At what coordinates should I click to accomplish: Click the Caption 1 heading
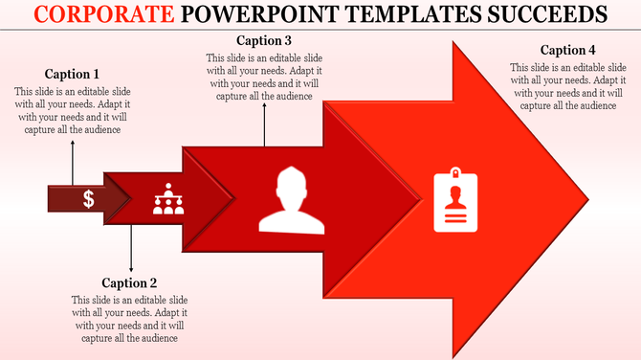[x=73, y=74]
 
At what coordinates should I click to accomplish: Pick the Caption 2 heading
[x=129, y=282]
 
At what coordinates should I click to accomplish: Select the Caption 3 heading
[x=265, y=40]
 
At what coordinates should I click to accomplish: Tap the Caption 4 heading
[x=567, y=50]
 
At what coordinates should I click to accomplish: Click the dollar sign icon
[x=88, y=199]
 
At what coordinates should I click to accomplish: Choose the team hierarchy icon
[x=168, y=199]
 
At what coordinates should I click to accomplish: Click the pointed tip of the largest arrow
[x=586, y=200]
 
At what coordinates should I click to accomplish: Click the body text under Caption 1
[x=73, y=111]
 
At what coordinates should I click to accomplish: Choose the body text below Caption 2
[x=129, y=319]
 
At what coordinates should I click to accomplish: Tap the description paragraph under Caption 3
[x=265, y=77]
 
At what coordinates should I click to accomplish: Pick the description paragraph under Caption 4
[x=568, y=87]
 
